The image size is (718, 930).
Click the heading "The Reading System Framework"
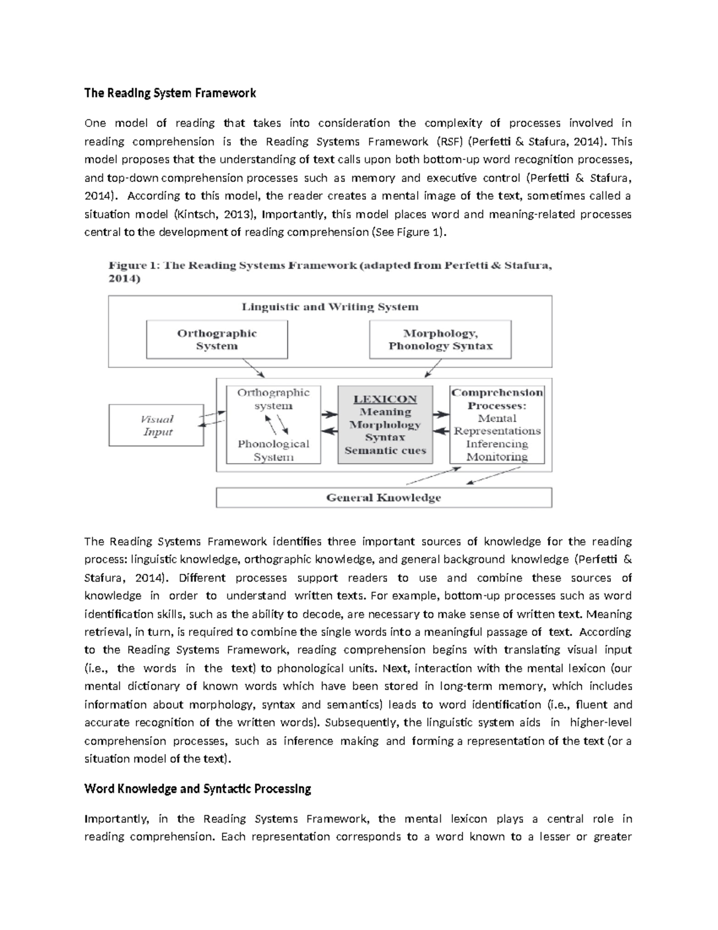tap(170, 93)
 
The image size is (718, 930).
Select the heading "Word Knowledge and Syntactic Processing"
tap(197, 789)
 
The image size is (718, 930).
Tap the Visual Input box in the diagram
tap(157, 425)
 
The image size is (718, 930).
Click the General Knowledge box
tap(383, 498)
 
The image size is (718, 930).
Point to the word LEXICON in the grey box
tap(385, 399)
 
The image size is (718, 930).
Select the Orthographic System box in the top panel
tap(217, 340)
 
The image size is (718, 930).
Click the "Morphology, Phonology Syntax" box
tap(440, 340)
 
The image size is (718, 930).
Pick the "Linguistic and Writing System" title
tap(330, 307)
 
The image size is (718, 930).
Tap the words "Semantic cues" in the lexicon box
tap(385, 451)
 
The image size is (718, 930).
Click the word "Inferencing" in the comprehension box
tap(497, 444)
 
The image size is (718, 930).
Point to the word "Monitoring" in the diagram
tap(497, 457)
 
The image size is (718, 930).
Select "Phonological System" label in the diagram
tap(273, 450)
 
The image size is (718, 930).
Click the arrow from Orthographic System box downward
tap(254, 368)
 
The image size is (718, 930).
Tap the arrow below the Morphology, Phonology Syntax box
tap(432, 369)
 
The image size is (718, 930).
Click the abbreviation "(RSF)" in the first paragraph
tap(448, 141)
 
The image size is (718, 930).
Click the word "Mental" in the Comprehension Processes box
tap(497, 418)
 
